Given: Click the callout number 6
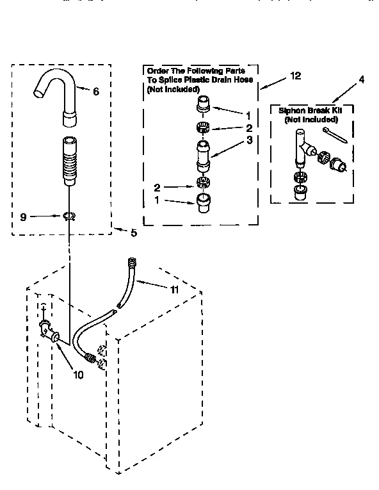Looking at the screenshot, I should pos(96,92).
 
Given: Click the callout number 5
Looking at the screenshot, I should pos(133,233).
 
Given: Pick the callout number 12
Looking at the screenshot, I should pos(294,76).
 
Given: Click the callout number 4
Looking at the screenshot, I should pos(362,80).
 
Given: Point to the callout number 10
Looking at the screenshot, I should pos(78,375).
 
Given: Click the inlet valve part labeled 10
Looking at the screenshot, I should pos(49,331).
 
